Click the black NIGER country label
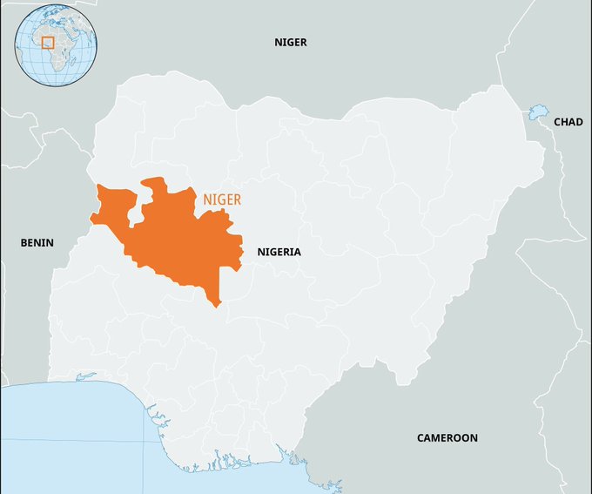291,42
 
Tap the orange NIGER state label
222,200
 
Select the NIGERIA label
279,252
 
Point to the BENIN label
37,243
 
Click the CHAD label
568,122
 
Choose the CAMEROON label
447,437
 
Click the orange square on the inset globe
48,42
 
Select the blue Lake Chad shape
537,112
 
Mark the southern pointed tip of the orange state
216,305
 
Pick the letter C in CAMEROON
420,437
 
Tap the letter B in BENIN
24,243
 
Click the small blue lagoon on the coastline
85,376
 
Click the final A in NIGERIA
297,252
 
